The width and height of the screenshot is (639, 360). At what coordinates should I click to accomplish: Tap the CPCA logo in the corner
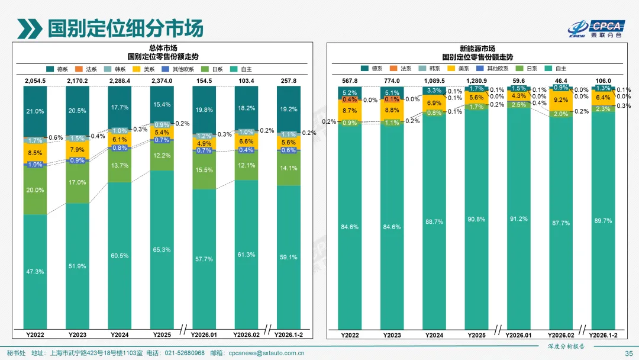tap(598, 28)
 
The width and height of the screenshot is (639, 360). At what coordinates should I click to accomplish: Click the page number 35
tap(629, 353)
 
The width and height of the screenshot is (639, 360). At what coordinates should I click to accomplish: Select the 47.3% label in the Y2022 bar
tap(35, 271)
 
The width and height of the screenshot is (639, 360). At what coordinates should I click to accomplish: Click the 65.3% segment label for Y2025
tap(162, 250)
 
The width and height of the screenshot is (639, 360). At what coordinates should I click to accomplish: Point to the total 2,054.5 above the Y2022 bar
tap(35, 80)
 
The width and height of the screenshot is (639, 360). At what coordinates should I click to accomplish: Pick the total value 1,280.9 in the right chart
tap(476, 81)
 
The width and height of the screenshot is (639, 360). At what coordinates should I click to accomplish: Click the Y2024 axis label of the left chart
tap(120, 335)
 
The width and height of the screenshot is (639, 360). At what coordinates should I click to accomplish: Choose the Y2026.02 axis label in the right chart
tap(561, 335)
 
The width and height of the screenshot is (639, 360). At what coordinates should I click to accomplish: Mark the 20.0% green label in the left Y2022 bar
tap(35, 190)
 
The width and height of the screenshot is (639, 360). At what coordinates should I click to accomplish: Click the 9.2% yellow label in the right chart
tap(561, 100)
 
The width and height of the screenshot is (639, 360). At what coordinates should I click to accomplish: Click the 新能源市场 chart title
tap(477, 48)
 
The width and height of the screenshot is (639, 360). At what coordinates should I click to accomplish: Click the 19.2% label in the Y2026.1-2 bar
tap(288, 110)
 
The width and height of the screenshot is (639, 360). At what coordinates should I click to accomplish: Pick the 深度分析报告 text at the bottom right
tap(563, 346)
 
